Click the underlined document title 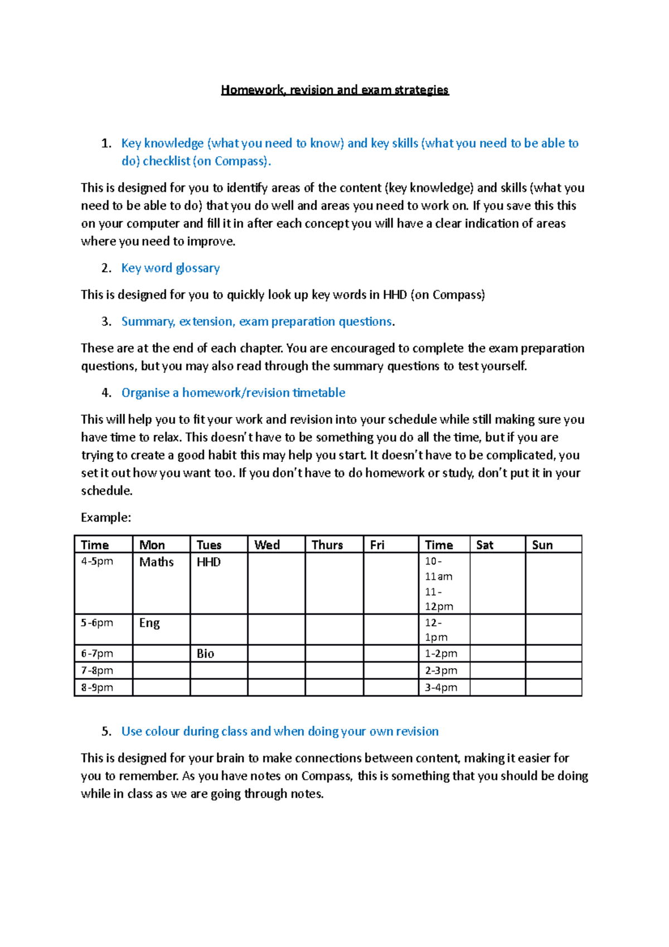click(x=334, y=90)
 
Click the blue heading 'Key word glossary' click(x=170, y=268)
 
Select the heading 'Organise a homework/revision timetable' click(x=233, y=393)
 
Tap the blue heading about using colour click(x=280, y=731)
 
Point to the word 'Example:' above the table click(x=106, y=518)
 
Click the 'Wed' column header click(x=267, y=545)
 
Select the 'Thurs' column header click(x=327, y=545)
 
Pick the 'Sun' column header click(x=542, y=545)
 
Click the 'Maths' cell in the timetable click(x=157, y=562)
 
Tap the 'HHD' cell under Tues click(x=209, y=562)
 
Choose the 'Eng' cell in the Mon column click(x=149, y=623)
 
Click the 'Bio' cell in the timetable click(x=205, y=654)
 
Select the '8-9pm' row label click(x=97, y=688)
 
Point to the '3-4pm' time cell click(x=441, y=688)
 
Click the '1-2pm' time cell click(x=441, y=654)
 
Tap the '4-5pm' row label click(x=97, y=561)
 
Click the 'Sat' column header click(x=484, y=545)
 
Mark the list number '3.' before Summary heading click(x=106, y=322)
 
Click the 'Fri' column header click(x=377, y=545)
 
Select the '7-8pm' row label click(x=97, y=670)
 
